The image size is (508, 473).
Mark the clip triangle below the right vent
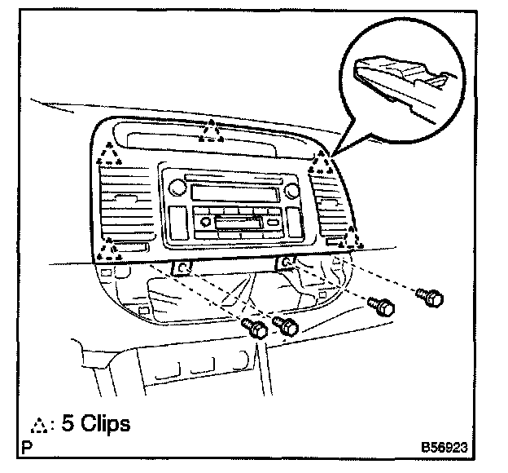354,238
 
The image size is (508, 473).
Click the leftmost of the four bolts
256,329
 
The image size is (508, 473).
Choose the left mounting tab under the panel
184,267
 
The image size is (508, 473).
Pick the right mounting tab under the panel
286,262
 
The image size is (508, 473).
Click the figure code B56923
444,448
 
